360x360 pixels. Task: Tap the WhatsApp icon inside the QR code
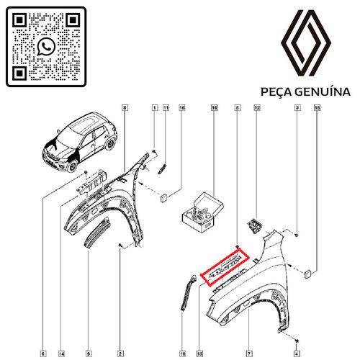pos(46,46)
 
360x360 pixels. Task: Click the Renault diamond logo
pos(306,43)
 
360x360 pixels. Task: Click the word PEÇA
pos(276,92)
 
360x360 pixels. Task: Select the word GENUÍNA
pos(322,91)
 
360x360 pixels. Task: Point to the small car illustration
pos(80,142)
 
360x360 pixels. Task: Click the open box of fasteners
pos(203,212)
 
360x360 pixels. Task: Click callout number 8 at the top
pos(125,108)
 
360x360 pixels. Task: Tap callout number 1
pos(155,108)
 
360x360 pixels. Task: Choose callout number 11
pos(166,108)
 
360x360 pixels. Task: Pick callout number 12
pos(257,108)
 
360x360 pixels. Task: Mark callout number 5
pos(238,108)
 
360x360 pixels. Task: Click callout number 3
pos(297,108)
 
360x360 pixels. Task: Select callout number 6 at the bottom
pos(43,354)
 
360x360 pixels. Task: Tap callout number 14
pos(61,354)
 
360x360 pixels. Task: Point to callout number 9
pos(89,354)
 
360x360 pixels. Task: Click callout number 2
pos(120,354)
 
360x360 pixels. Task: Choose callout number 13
pos(199,354)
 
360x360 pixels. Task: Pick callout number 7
pos(249,354)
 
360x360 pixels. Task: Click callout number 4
pos(297,354)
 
